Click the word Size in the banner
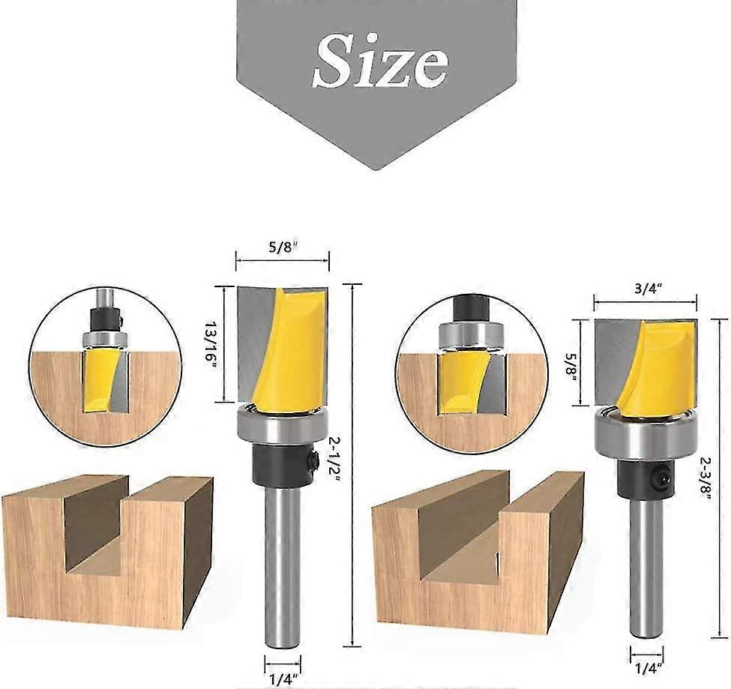(x=381, y=60)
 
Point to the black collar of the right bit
(x=641, y=478)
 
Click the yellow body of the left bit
(x=285, y=352)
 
